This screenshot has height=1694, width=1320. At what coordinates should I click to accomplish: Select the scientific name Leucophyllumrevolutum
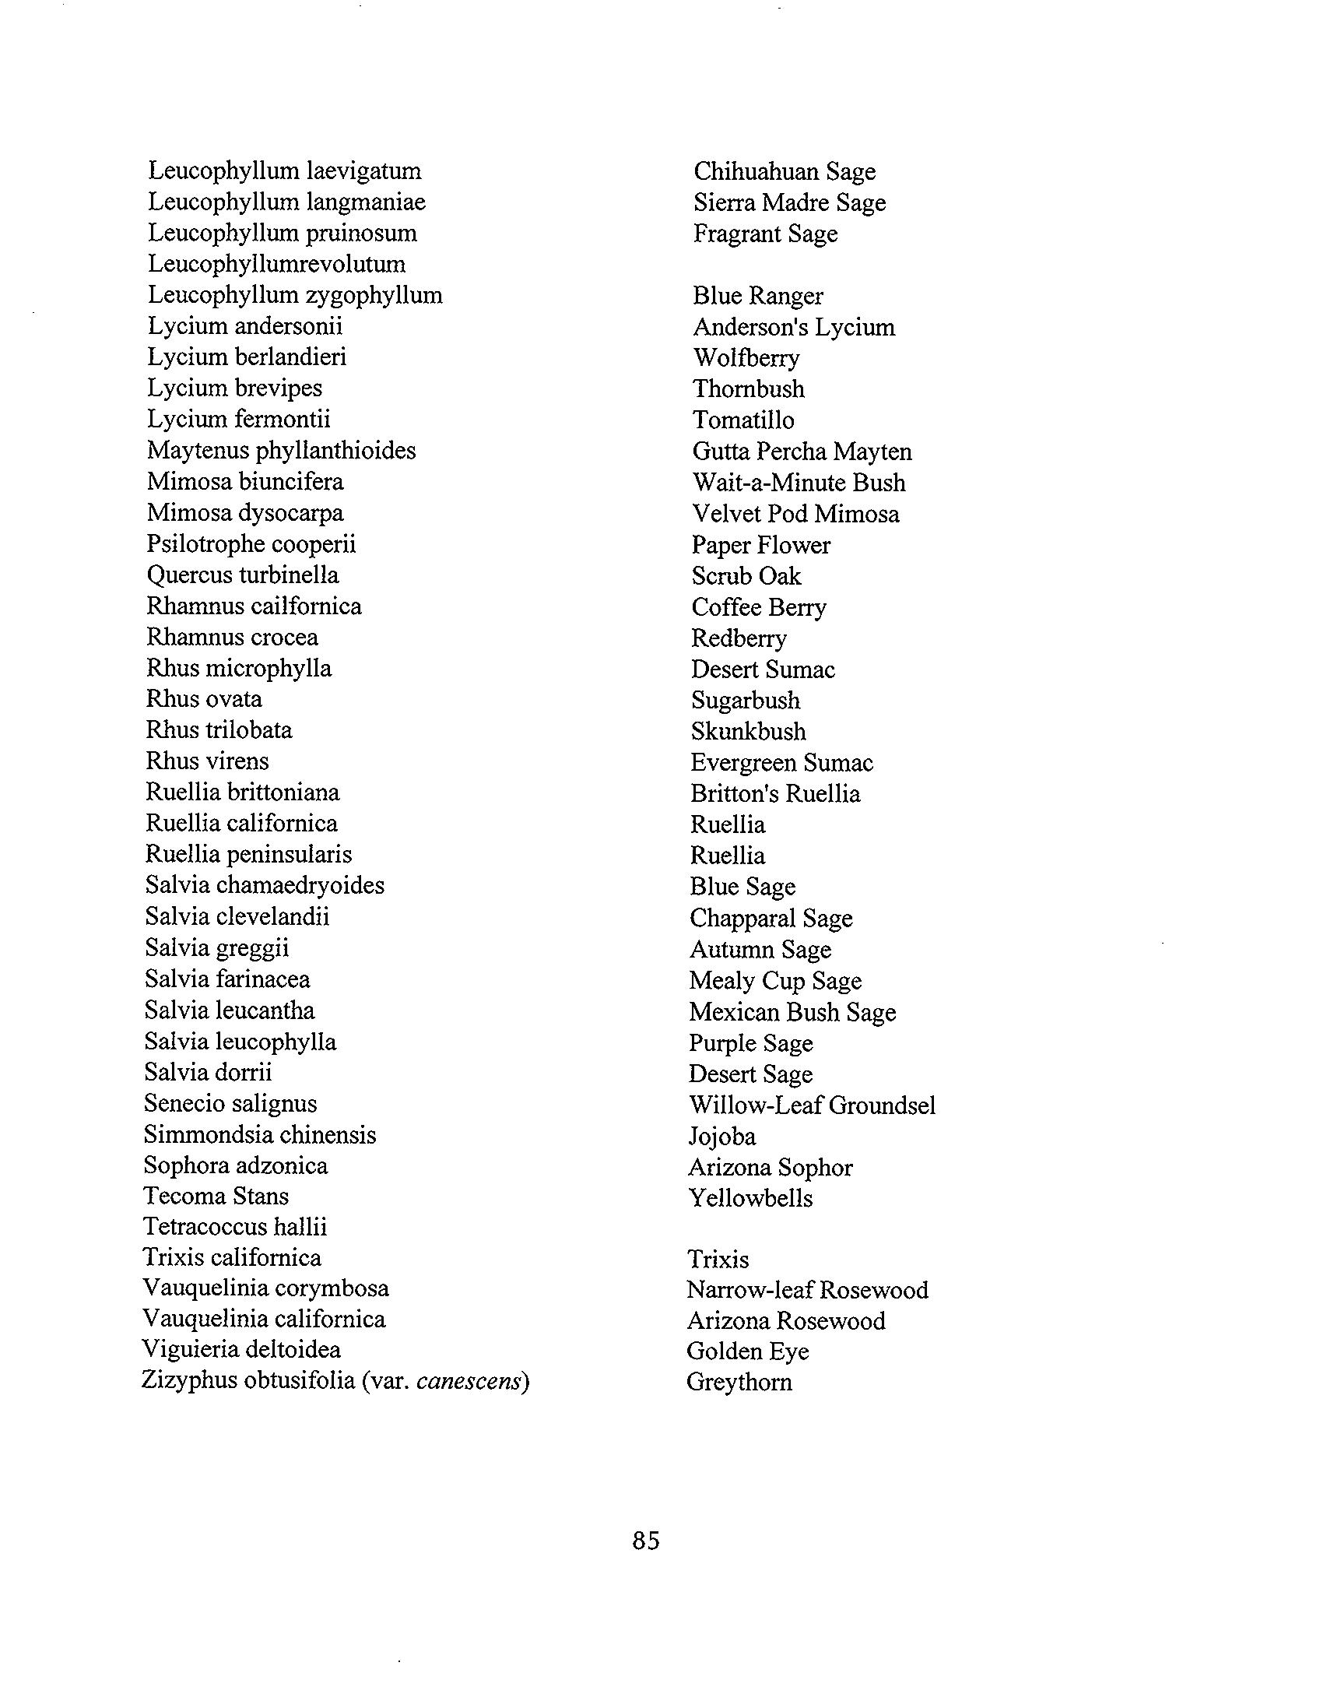pos(277,264)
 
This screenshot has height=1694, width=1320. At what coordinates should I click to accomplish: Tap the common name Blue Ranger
pos(757,296)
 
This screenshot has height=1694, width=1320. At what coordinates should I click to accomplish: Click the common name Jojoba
pos(721,1137)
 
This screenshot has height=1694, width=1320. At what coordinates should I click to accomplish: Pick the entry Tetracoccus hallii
pos(235,1227)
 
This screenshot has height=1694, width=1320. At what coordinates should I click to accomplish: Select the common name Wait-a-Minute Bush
pos(799,483)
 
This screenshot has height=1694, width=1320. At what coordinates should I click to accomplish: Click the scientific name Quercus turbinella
pos(243,575)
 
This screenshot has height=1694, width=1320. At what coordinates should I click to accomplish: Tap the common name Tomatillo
pos(743,420)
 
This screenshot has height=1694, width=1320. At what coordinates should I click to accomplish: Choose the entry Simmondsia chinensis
pos(260,1134)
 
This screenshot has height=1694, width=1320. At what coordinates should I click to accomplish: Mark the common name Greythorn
pos(739,1382)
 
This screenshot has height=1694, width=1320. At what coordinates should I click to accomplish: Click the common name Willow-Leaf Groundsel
pos(812,1105)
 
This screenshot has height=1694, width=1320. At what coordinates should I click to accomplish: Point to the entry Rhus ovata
pos(204,699)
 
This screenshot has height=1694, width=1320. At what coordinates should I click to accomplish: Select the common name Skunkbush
pos(748,732)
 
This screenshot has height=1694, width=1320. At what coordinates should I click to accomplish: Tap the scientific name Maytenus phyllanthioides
pos(281,451)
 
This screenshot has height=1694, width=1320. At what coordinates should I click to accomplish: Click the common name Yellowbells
pos(750,1197)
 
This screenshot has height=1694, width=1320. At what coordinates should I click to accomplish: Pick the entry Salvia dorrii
pos(208,1073)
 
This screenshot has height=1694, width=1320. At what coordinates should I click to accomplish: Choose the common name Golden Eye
pos(747,1351)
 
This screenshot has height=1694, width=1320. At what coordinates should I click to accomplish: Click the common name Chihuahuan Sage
pos(785,171)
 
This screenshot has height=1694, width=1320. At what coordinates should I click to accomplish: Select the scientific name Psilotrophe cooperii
pos(251,544)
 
